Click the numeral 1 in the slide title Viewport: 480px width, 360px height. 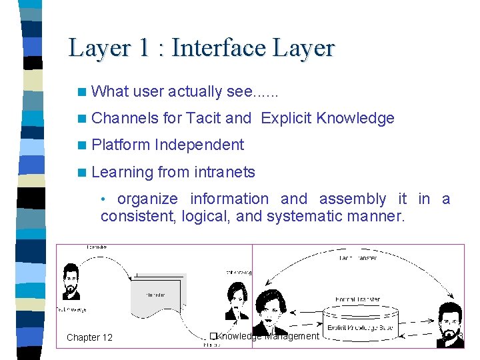[x=144, y=48]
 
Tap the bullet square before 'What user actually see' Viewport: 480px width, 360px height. [x=81, y=92]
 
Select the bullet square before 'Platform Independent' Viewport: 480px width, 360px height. [x=81, y=145]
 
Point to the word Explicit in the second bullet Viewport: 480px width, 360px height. [x=287, y=119]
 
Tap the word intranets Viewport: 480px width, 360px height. [x=224, y=172]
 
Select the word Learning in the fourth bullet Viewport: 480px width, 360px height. [x=123, y=172]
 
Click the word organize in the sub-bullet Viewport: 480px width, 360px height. [x=147, y=199]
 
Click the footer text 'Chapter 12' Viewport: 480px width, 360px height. [x=89, y=337]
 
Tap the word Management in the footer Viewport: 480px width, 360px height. [x=292, y=336]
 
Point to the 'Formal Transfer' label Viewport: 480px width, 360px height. [x=357, y=299]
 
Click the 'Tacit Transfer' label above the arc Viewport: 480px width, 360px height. [x=357, y=258]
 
